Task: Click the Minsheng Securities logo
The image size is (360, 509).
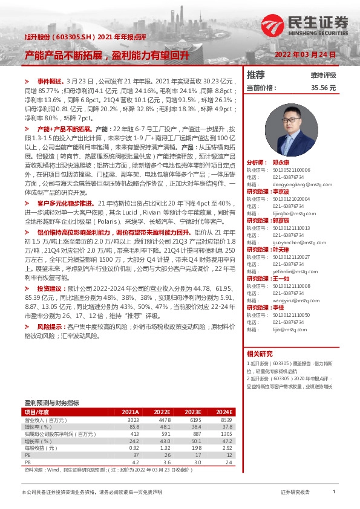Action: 306,26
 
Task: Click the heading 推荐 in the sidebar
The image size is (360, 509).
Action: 256,75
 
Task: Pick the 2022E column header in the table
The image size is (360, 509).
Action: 163,411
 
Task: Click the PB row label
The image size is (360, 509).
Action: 27,462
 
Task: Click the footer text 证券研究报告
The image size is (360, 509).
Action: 295,493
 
